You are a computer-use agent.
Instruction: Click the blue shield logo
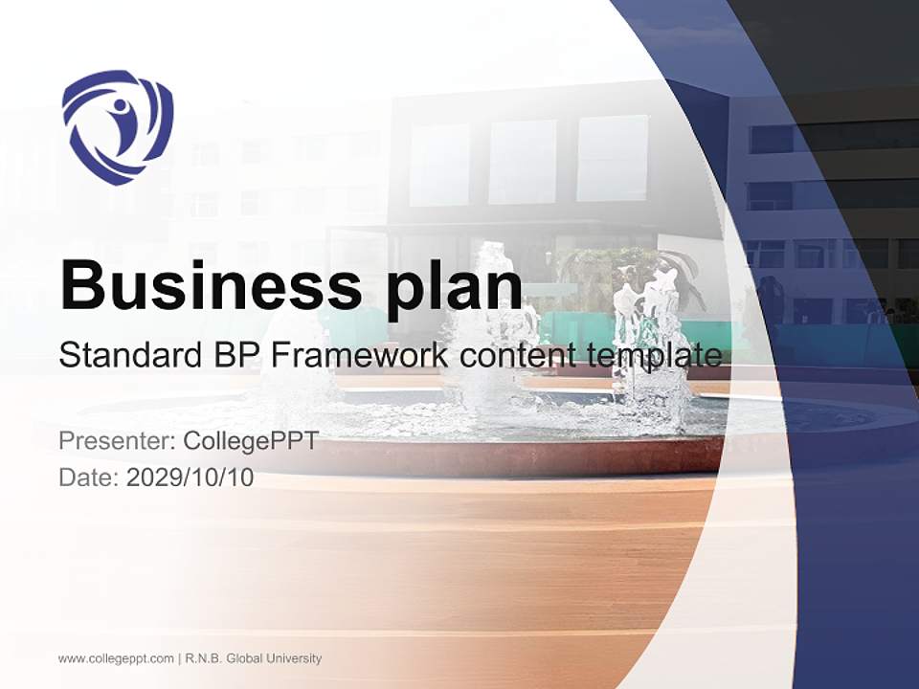tap(117, 126)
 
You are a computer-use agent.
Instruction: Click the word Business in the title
tap(198, 283)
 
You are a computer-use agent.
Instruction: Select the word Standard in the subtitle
tap(125, 356)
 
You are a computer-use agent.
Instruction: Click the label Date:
tap(88, 478)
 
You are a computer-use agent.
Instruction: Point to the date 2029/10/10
tap(190, 478)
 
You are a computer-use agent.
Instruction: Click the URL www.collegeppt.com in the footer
tap(116, 658)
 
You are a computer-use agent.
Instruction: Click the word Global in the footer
tap(250, 658)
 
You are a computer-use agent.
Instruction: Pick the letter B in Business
tap(80, 283)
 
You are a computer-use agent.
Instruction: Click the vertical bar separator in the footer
tap(180, 658)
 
